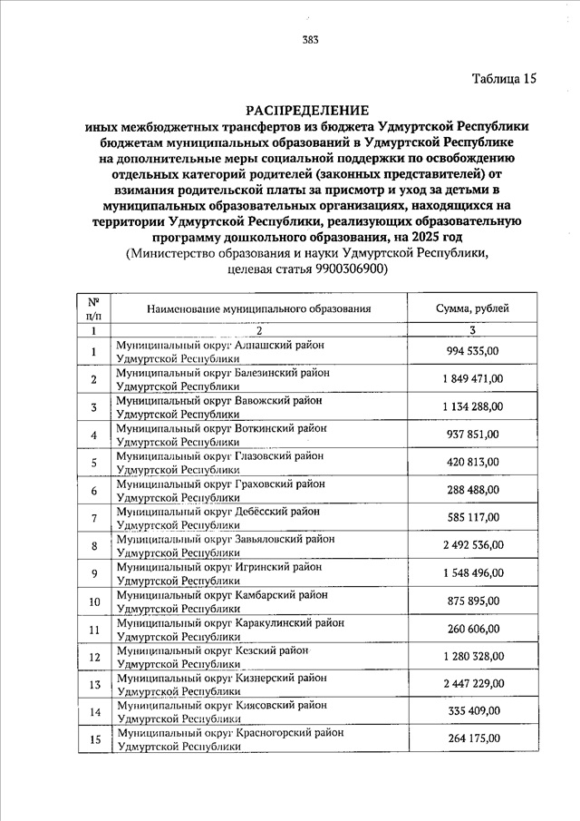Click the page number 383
pyautogui.click(x=311, y=39)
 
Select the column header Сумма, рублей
pyautogui.click(x=472, y=309)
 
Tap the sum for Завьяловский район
pyautogui.click(x=472, y=545)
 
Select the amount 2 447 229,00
pyautogui.click(x=472, y=683)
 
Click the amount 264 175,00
pyautogui.click(x=472, y=738)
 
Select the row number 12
pyautogui.click(x=94, y=656)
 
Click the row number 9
pyautogui.click(x=94, y=572)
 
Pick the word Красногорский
pyautogui.click(x=274, y=731)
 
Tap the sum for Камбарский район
pyautogui.click(x=472, y=601)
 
